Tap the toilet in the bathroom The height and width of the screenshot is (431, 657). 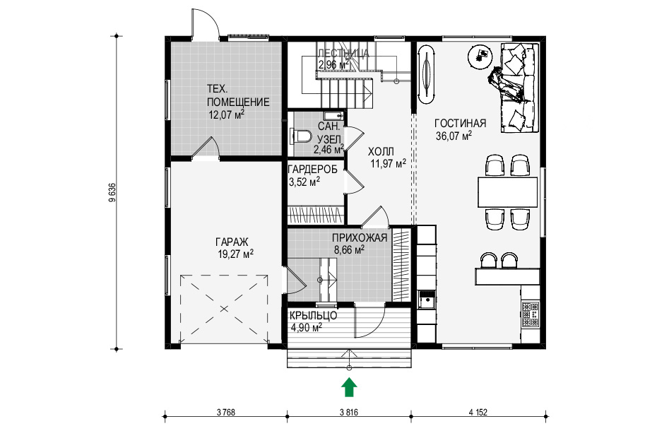pyautogui.click(x=301, y=136)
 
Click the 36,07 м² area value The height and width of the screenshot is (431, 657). pyautogui.click(x=454, y=136)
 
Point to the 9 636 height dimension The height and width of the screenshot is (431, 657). pyautogui.click(x=112, y=193)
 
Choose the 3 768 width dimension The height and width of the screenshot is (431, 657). pyautogui.click(x=226, y=413)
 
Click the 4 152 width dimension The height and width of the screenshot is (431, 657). pyautogui.click(x=478, y=413)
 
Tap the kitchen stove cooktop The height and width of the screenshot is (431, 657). pyautogui.click(x=531, y=314)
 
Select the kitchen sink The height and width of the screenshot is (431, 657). pyautogui.click(x=427, y=300)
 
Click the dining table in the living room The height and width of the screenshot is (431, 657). pyautogui.click(x=508, y=192)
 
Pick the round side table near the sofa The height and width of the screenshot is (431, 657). pyautogui.click(x=480, y=57)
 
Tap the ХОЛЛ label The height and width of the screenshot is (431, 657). pyautogui.click(x=381, y=151)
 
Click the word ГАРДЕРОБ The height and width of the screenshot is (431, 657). pyautogui.click(x=312, y=170)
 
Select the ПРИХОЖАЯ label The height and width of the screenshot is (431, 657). pyautogui.click(x=360, y=238)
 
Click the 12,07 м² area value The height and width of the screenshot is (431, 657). pyautogui.click(x=226, y=114)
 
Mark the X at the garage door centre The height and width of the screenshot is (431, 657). pyautogui.click(x=224, y=309)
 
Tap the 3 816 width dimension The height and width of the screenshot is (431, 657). pyautogui.click(x=349, y=413)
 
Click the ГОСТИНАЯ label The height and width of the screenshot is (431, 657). pyautogui.click(x=460, y=123)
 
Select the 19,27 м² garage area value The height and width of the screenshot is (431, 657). pyautogui.click(x=235, y=254)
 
